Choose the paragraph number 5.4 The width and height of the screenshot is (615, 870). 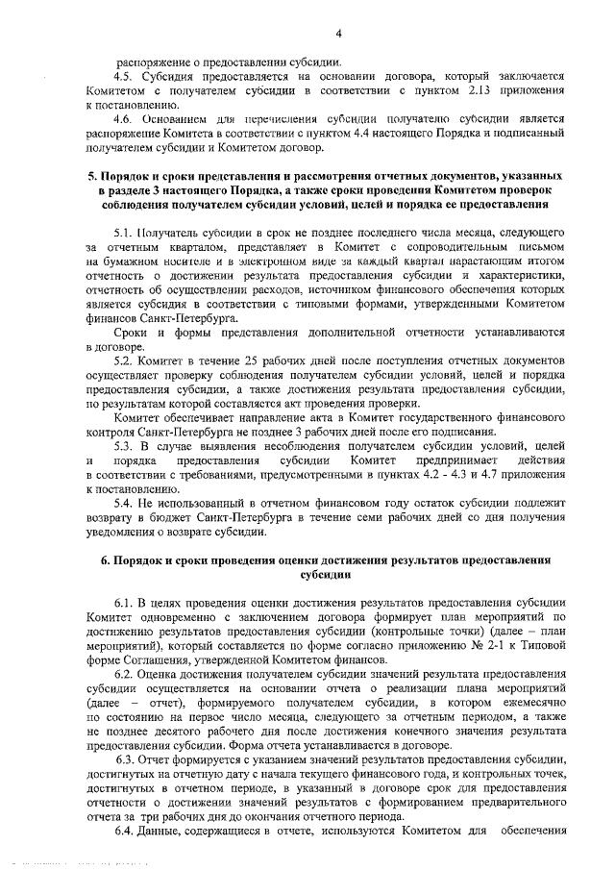point(124,505)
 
